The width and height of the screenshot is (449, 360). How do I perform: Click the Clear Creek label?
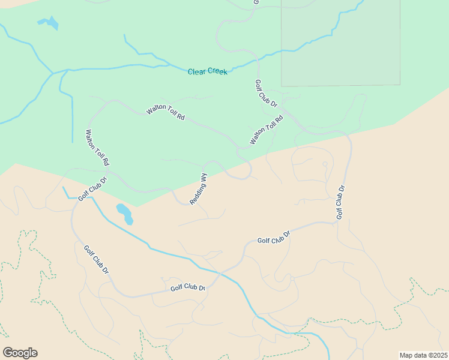(x=208, y=71)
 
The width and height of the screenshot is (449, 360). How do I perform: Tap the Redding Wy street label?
(x=199, y=189)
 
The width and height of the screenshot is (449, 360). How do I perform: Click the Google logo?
(x=20, y=353)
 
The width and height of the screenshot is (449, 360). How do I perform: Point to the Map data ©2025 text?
(x=424, y=355)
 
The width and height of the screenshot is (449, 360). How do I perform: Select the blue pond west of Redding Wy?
(x=124, y=213)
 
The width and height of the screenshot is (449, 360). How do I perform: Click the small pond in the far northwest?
(x=50, y=23)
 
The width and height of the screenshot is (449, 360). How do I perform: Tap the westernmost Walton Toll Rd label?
(x=97, y=148)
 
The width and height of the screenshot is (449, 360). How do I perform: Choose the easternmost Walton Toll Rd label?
(x=266, y=130)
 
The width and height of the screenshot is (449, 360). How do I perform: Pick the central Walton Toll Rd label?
(x=166, y=113)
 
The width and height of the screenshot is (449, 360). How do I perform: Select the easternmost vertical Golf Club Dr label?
(x=340, y=202)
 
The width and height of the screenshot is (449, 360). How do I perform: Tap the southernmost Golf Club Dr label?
(x=188, y=287)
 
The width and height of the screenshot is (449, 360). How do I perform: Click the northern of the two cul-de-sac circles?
(x=325, y=163)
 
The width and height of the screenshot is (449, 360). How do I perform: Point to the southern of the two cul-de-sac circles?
(x=292, y=278)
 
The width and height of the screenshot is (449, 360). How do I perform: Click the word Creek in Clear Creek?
(x=217, y=71)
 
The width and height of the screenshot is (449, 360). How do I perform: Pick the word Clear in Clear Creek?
(x=197, y=72)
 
